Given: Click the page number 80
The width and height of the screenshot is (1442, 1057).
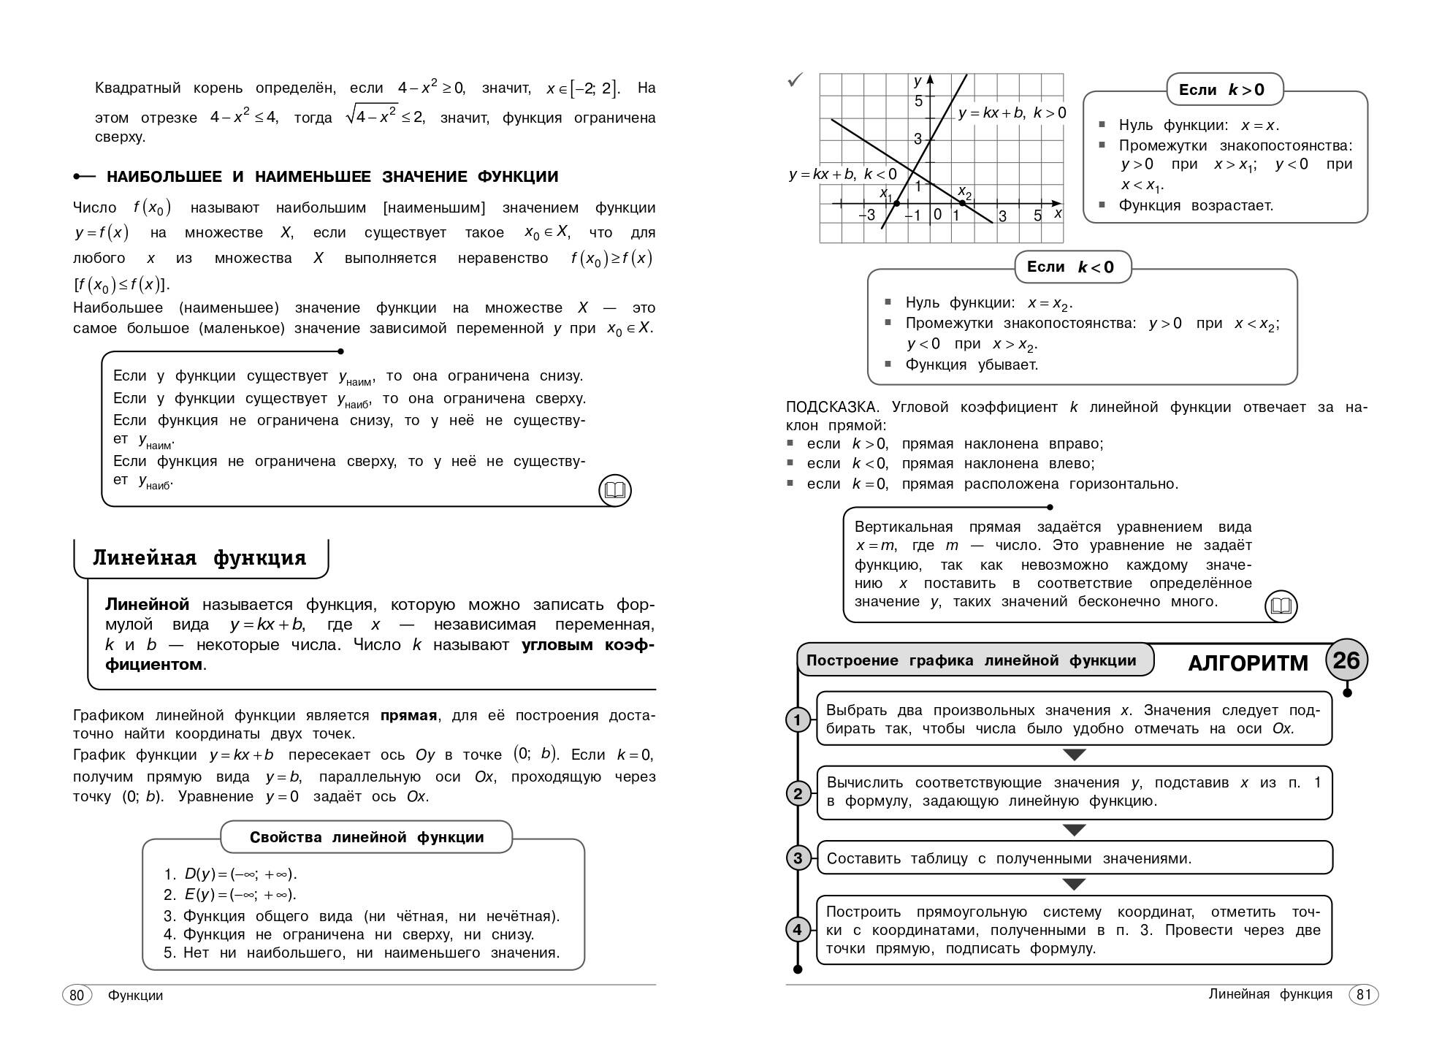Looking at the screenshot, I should [x=77, y=995].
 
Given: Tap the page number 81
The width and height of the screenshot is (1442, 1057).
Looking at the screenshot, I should [x=1363, y=994].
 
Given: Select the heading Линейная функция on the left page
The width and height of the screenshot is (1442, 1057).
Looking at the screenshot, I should [x=199, y=558].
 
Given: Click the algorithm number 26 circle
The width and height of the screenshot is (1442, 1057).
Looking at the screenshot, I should [x=1346, y=660].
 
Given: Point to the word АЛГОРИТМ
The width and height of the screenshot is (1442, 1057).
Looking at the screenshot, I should [x=1248, y=663].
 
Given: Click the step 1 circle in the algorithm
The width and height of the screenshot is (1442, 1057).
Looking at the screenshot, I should [x=798, y=720].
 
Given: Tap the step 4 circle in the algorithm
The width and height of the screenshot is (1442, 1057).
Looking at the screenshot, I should [x=798, y=930].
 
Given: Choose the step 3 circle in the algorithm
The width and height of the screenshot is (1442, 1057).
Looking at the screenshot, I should [x=798, y=858].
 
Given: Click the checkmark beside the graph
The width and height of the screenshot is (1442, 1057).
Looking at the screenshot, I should [x=795, y=80].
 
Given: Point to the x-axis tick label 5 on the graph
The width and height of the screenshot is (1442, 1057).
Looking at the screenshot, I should [x=1037, y=215].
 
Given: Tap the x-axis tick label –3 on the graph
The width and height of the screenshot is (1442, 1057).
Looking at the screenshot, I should [x=867, y=215].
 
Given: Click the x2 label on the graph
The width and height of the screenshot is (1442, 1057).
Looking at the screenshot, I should [x=965, y=193].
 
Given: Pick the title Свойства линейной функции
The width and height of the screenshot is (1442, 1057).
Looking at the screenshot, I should [x=367, y=837].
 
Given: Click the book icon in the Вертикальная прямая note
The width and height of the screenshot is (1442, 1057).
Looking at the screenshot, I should [x=1281, y=606].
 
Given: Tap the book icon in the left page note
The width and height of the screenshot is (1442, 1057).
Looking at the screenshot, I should [x=615, y=490].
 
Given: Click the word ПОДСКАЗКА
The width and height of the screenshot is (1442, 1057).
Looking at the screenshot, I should [x=831, y=408].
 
